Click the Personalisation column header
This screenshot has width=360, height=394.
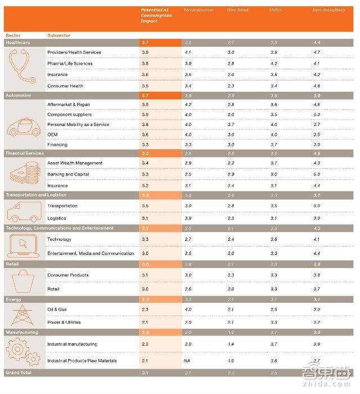click(199, 10)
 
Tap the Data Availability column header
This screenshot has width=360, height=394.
click(328, 10)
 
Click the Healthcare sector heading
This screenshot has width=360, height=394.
click(19, 43)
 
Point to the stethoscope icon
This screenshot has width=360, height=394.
click(23, 69)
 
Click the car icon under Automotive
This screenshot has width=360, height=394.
click(23, 125)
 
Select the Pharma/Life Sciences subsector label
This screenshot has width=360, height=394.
click(70, 64)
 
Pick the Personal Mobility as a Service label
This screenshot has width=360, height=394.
click(78, 124)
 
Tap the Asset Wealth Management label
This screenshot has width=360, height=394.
click(75, 163)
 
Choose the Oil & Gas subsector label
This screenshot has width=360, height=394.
click(58, 310)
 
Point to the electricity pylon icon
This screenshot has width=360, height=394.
click(23, 315)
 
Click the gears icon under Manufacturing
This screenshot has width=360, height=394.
click(23, 352)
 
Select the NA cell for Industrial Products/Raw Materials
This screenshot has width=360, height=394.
click(187, 361)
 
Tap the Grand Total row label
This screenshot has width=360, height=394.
click(19, 373)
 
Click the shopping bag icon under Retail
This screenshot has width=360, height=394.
click(23, 281)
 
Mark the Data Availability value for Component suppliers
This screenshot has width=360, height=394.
click(316, 114)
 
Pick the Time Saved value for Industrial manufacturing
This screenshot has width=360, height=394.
click(231, 344)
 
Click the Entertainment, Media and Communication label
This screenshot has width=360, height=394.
click(91, 253)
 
